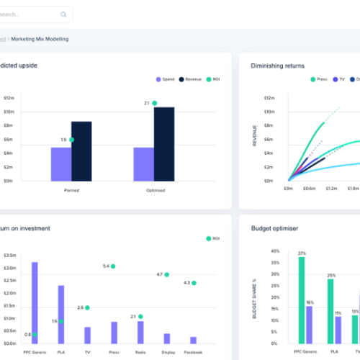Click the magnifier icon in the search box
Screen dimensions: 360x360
click(63, 14)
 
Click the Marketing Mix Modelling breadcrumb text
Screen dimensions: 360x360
click(40, 39)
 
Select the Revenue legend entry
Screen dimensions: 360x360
click(191, 79)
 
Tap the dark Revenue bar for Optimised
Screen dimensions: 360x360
click(164, 144)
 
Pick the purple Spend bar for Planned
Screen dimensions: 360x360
click(61, 164)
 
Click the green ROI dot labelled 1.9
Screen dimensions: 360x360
click(71, 140)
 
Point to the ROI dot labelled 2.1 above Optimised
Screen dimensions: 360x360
click(154, 104)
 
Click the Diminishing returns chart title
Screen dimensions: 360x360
click(277, 66)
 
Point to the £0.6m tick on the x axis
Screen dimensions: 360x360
click(310, 189)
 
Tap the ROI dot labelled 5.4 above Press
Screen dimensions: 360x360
click(113, 266)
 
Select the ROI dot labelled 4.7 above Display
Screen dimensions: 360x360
click(167, 274)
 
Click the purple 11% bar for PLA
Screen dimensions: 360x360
click(338, 329)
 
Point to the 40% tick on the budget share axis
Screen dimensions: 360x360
click(274, 251)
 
